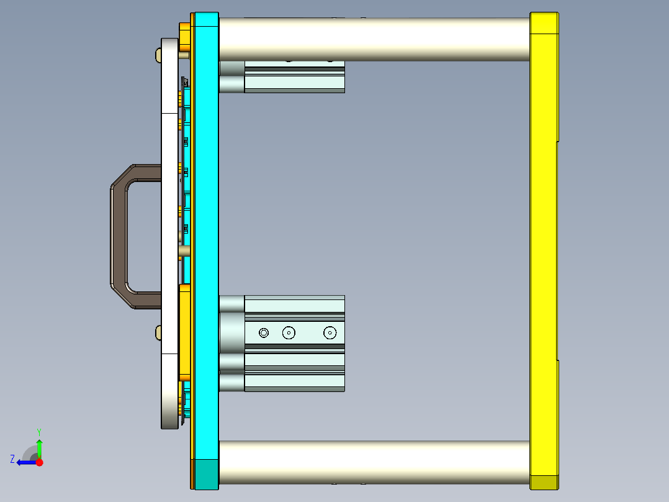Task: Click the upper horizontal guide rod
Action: pos(372,39)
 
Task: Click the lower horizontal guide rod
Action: pos(372,462)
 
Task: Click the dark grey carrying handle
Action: pos(118,236)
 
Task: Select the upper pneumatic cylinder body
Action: pos(295,77)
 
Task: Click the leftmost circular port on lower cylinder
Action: pos(264,333)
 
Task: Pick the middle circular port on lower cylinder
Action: pos(289,333)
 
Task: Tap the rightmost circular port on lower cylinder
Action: pos(330,333)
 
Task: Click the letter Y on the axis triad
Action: pos(38,431)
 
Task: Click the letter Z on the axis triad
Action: pos(12,459)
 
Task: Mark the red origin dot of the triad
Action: pos(40,462)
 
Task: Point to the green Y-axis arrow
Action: pos(39,447)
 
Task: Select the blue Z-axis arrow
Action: pos(26,462)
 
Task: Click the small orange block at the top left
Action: pos(184,37)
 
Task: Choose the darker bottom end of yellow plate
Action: pos(544,482)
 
